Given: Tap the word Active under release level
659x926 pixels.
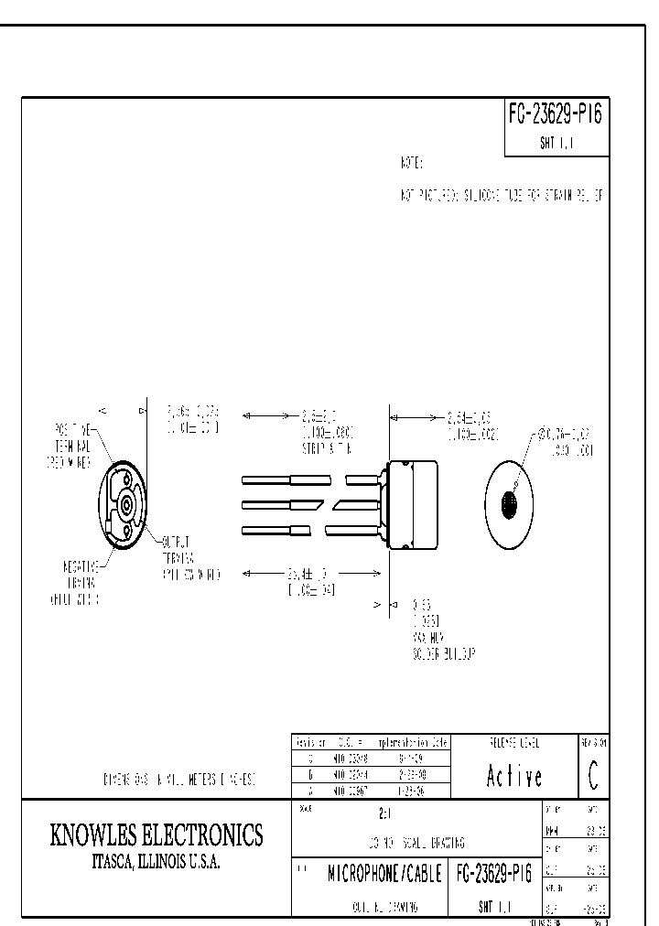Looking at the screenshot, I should click(513, 776).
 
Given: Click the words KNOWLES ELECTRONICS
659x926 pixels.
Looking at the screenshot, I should click(156, 834).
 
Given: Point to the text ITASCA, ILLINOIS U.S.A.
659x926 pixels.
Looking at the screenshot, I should click(156, 862).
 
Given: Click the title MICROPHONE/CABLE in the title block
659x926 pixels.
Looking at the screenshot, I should click(385, 874).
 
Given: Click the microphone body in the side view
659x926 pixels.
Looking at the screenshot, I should click(412, 504).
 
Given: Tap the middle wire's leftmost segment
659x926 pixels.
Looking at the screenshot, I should click(265, 504).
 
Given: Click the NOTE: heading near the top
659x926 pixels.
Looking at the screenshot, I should click(410, 163).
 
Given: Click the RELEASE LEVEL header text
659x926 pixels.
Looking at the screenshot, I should click(513, 742).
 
